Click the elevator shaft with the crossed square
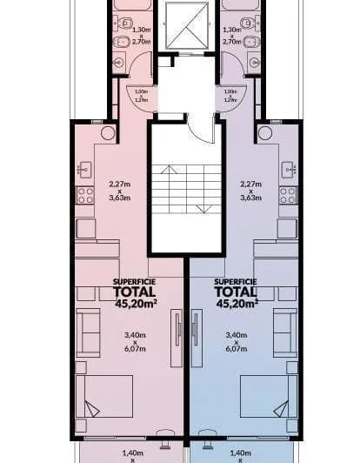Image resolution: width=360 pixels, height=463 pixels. pos(184,25)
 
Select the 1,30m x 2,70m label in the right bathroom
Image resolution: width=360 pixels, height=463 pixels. pos(231,35)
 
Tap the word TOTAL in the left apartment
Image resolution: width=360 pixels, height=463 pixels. pos(134,292)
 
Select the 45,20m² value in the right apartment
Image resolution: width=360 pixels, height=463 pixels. pos(237,305)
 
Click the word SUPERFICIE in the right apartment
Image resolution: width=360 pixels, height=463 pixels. pos(235,282)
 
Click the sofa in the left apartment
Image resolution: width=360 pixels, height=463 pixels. pos(89,331)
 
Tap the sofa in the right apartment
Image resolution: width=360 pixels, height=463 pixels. pos(284,331)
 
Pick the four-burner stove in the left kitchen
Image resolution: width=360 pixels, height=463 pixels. pos(85,196)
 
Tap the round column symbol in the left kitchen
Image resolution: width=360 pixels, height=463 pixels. pos(107,133)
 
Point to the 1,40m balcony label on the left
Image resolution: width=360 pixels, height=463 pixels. pos(133,453)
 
